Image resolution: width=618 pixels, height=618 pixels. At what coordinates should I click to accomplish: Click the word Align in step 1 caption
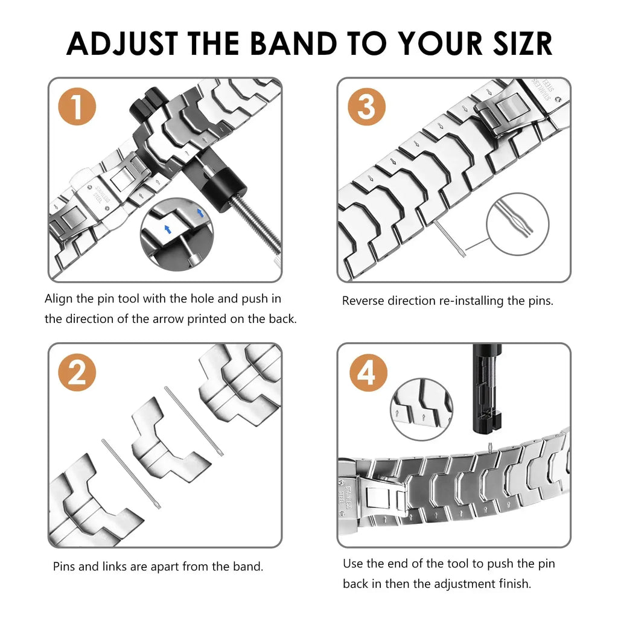click(x=59, y=299)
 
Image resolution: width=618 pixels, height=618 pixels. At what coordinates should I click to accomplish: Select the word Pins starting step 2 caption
click(x=65, y=567)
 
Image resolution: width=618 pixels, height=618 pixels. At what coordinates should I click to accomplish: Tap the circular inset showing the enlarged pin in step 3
click(x=517, y=224)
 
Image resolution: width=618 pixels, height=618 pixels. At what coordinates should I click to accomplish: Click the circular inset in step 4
click(x=422, y=409)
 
